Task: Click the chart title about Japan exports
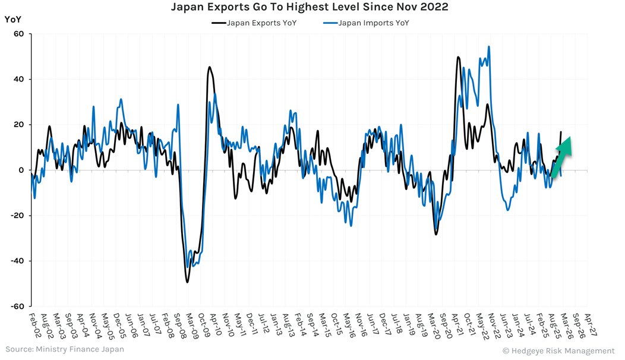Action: (x=309, y=8)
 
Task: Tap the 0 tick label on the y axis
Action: (x=21, y=170)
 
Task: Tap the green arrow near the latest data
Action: (x=562, y=156)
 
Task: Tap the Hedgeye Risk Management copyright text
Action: (x=558, y=350)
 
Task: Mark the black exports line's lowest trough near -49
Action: (x=187, y=282)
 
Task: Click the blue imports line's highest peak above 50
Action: (x=488, y=46)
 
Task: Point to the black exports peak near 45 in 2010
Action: (x=210, y=67)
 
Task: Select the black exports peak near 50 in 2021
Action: (x=458, y=57)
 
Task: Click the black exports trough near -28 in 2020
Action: (x=436, y=234)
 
